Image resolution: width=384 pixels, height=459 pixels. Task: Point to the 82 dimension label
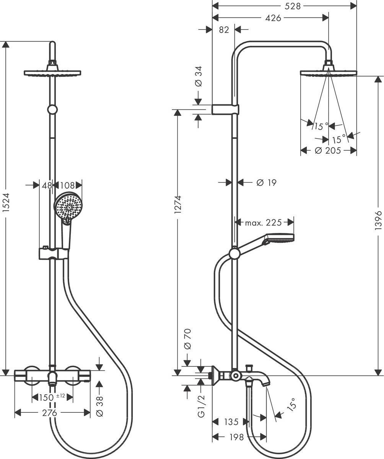(x=225, y=29)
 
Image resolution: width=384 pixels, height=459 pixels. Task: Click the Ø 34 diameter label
(x=198, y=78)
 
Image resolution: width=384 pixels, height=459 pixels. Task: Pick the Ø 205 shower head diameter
(x=328, y=150)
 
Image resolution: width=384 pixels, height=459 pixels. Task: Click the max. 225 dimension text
(x=263, y=222)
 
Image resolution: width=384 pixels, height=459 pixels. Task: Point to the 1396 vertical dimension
(x=379, y=220)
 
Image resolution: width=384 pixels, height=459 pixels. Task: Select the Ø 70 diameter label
(x=187, y=339)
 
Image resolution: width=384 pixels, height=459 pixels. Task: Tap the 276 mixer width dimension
(x=50, y=413)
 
